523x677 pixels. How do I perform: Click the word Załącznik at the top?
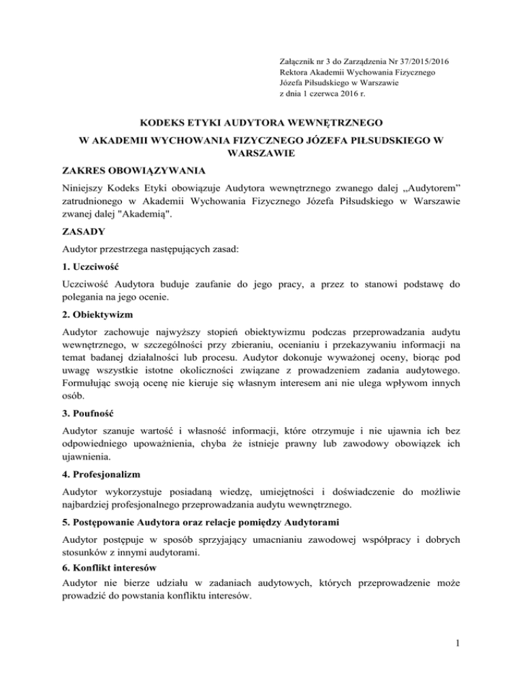(x=300, y=61)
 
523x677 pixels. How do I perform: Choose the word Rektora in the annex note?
(x=295, y=72)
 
